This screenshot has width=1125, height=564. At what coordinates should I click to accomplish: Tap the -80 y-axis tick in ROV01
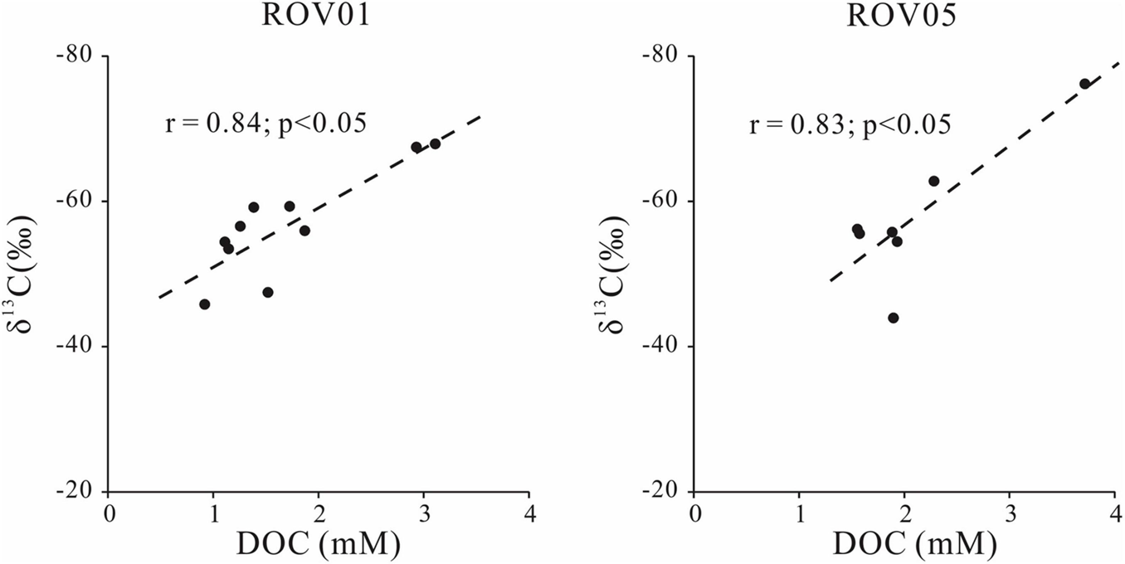[x=80, y=56]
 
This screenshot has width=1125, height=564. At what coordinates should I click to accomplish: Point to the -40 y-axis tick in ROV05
[x=666, y=347]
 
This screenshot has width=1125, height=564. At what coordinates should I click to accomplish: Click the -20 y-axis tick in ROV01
[x=80, y=491]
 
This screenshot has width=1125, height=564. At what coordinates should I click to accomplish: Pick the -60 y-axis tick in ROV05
[x=666, y=202]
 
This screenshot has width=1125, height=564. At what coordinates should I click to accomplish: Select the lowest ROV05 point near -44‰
[x=894, y=318]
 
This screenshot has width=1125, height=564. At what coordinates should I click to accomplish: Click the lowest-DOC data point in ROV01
[x=205, y=304]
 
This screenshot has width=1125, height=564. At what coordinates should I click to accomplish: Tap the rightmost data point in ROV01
[x=435, y=143]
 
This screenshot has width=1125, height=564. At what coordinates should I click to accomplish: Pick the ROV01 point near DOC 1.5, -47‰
[x=268, y=292]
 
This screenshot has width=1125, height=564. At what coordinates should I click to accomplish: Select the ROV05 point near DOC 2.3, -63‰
[x=933, y=181]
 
